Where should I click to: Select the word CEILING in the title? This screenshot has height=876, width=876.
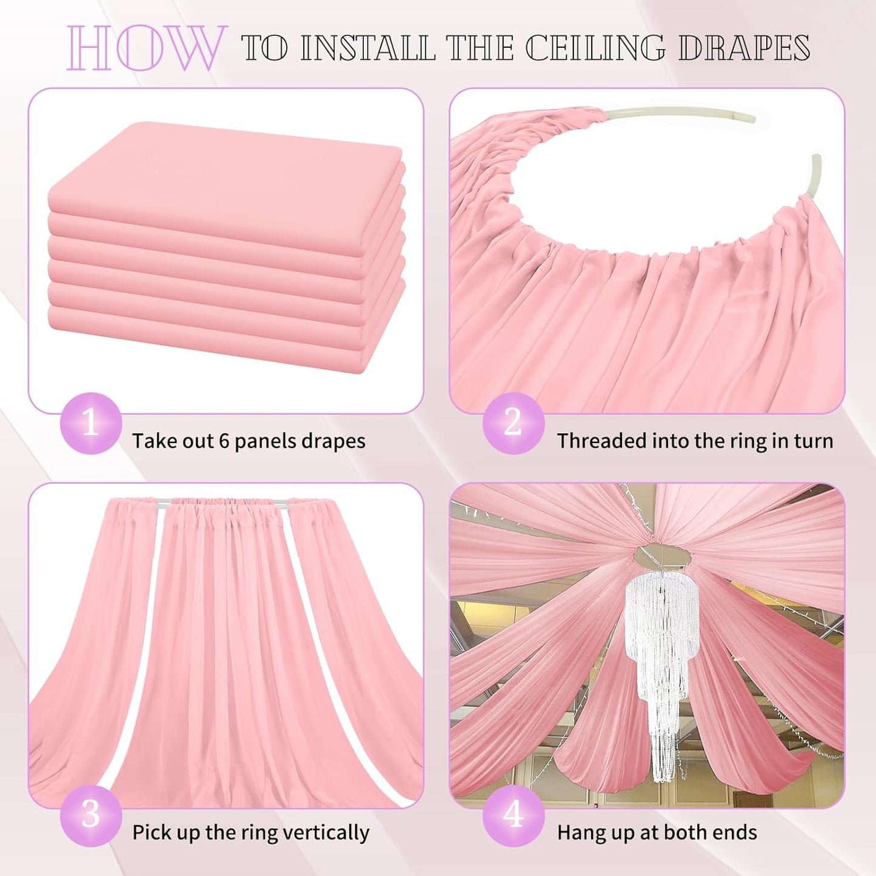click(x=595, y=48)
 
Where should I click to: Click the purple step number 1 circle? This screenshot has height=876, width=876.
click(x=90, y=423)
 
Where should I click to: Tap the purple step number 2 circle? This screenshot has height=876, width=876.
click(x=513, y=423)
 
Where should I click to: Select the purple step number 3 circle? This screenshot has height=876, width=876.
click(x=90, y=815)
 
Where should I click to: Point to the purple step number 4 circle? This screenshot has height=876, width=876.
click(x=513, y=815)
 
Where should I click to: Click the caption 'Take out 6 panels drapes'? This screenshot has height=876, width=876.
click(x=249, y=441)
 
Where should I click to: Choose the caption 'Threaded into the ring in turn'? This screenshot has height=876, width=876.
click(x=695, y=441)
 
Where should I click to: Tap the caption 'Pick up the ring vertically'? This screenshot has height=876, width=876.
click(x=250, y=832)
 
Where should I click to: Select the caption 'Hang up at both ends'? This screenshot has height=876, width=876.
click(x=657, y=832)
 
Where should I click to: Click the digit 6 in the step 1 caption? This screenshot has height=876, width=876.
click(x=224, y=441)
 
